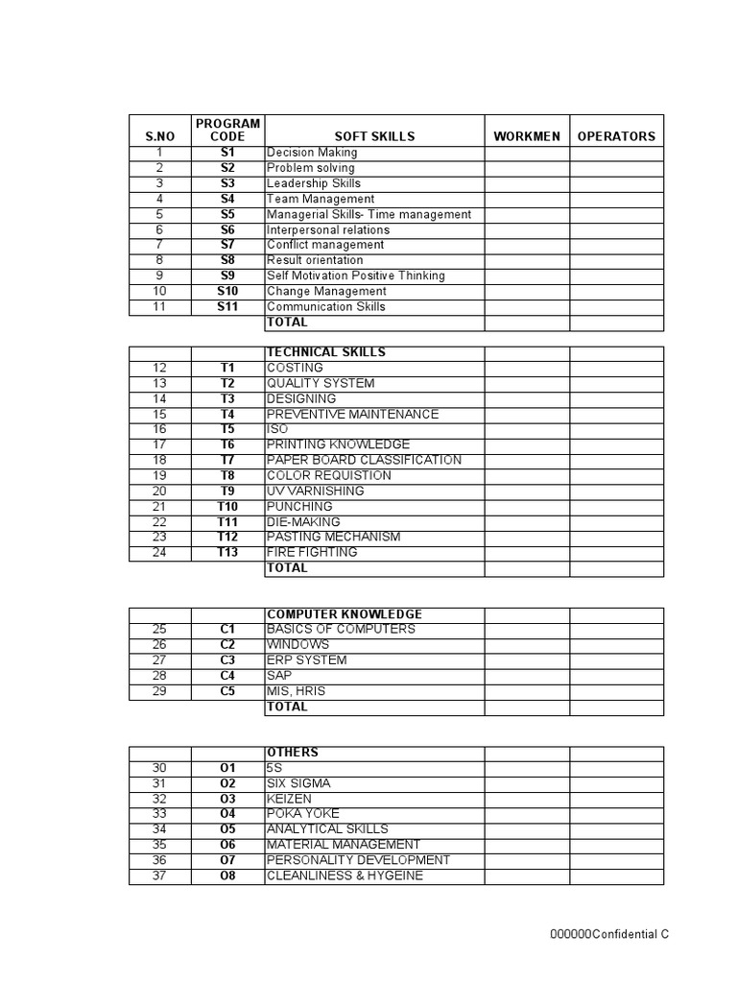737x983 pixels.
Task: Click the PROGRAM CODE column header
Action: coord(227,130)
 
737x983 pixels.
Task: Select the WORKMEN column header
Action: coord(527,136)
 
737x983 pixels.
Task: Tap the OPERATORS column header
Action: coord(616,136)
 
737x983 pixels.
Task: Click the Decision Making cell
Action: coord(312,153)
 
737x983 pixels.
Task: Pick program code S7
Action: coord(227,245)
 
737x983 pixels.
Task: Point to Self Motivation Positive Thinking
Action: coord(356,276)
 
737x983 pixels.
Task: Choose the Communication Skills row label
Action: coord(326,306)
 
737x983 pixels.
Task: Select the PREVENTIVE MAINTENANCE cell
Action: coord(352,414)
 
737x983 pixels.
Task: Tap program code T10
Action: coord(227,506)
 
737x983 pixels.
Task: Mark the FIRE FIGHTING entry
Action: coord(312,552)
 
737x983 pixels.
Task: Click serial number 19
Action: coord(159,475)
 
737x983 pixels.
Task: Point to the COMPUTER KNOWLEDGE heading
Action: coord(345,613)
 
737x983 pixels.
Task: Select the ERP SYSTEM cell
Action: coord(307,659)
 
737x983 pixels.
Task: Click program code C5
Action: coord(227,690)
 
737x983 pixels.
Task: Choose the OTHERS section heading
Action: coord(293,753)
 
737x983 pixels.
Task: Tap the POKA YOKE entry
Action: coord(303,814)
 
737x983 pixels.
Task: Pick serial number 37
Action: coord(159,875)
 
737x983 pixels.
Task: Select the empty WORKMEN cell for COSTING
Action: coord(527,368)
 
